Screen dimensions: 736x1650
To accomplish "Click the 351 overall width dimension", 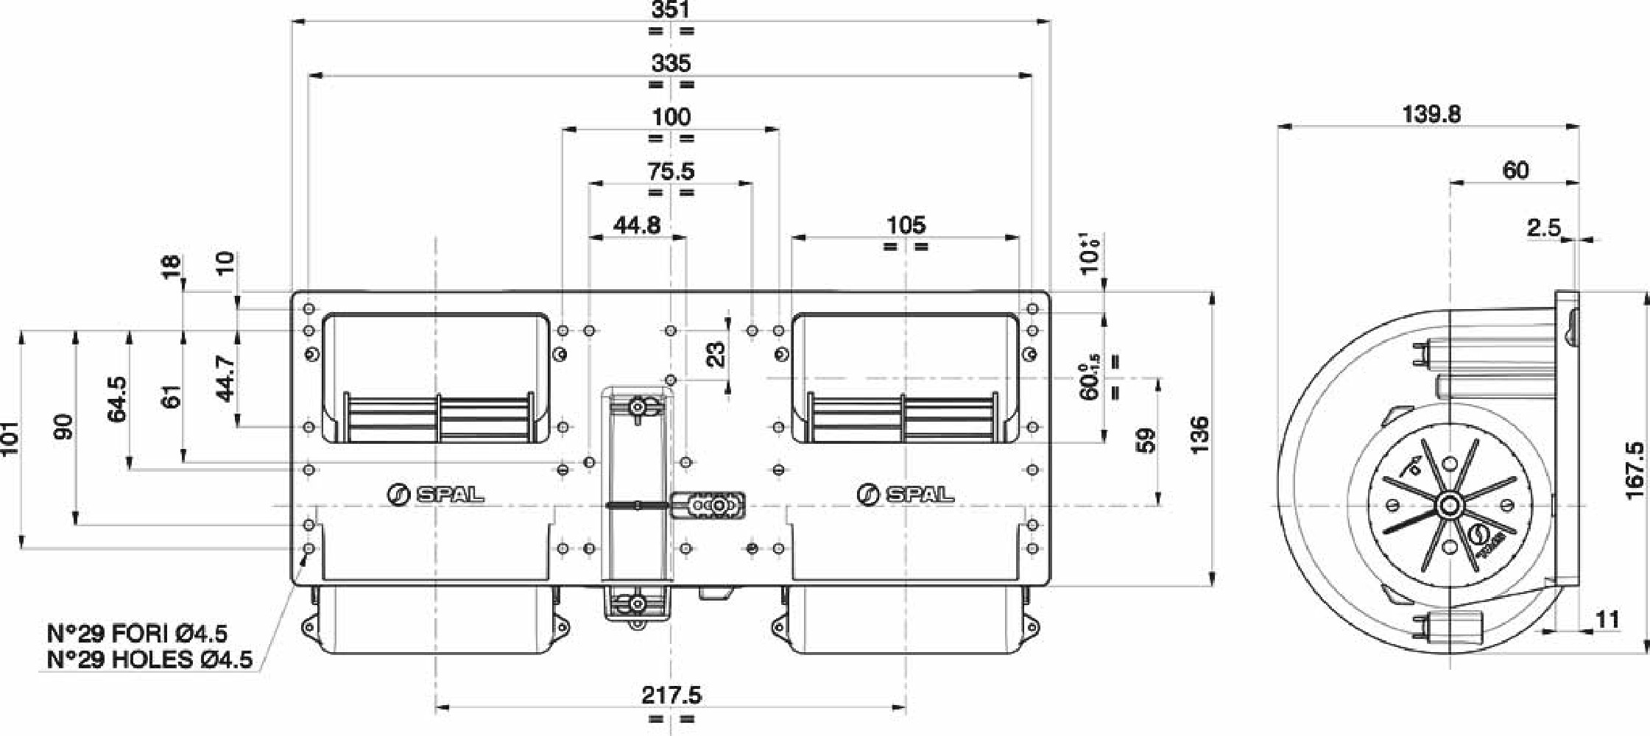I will pyautogui.click(x=671, y=10).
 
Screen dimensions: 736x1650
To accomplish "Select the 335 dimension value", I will pyautogui.click(x=671, y=63).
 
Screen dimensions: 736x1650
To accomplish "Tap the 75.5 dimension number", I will pyautogui.click(x=671, y=171).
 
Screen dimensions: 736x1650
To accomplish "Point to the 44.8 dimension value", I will pyautogui.click(x=637, y=225).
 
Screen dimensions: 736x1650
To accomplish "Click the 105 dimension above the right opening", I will pyautogui.click(x=906, y=225).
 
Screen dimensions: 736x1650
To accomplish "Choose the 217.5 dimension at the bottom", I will pyautogui.click(x=671, y=695).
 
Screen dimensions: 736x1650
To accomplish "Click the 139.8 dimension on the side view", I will pyautogui.click(x=1431, y=114).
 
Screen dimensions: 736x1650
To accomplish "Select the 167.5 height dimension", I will pyautogui.click(x=1634, y=471).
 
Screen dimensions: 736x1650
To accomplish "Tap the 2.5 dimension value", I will pyautogui.click(x=1543, y=228).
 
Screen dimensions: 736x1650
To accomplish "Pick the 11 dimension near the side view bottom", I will pyautogui.click(x=1607, y=620).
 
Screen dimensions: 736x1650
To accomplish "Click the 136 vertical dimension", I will pyautogui.click(x=1199, y=434).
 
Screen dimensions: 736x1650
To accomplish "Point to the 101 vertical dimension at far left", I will pyautogui.click(x=8, y=439).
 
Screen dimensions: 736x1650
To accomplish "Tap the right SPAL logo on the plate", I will pyautogui.click(x=906, y=494).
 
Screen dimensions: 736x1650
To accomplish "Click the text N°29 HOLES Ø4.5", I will pyautogui.click(x=149, y=659).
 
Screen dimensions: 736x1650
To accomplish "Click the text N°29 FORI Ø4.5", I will pyautogui.click(x=137, y=633).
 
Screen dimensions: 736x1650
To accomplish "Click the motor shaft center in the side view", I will pyautogui.click(x=1450, y=506).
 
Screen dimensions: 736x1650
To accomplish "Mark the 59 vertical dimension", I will pyautogui.click(x=1146, y=440).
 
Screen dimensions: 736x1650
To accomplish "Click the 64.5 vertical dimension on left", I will pyautogui.click(x=116, y=400).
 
